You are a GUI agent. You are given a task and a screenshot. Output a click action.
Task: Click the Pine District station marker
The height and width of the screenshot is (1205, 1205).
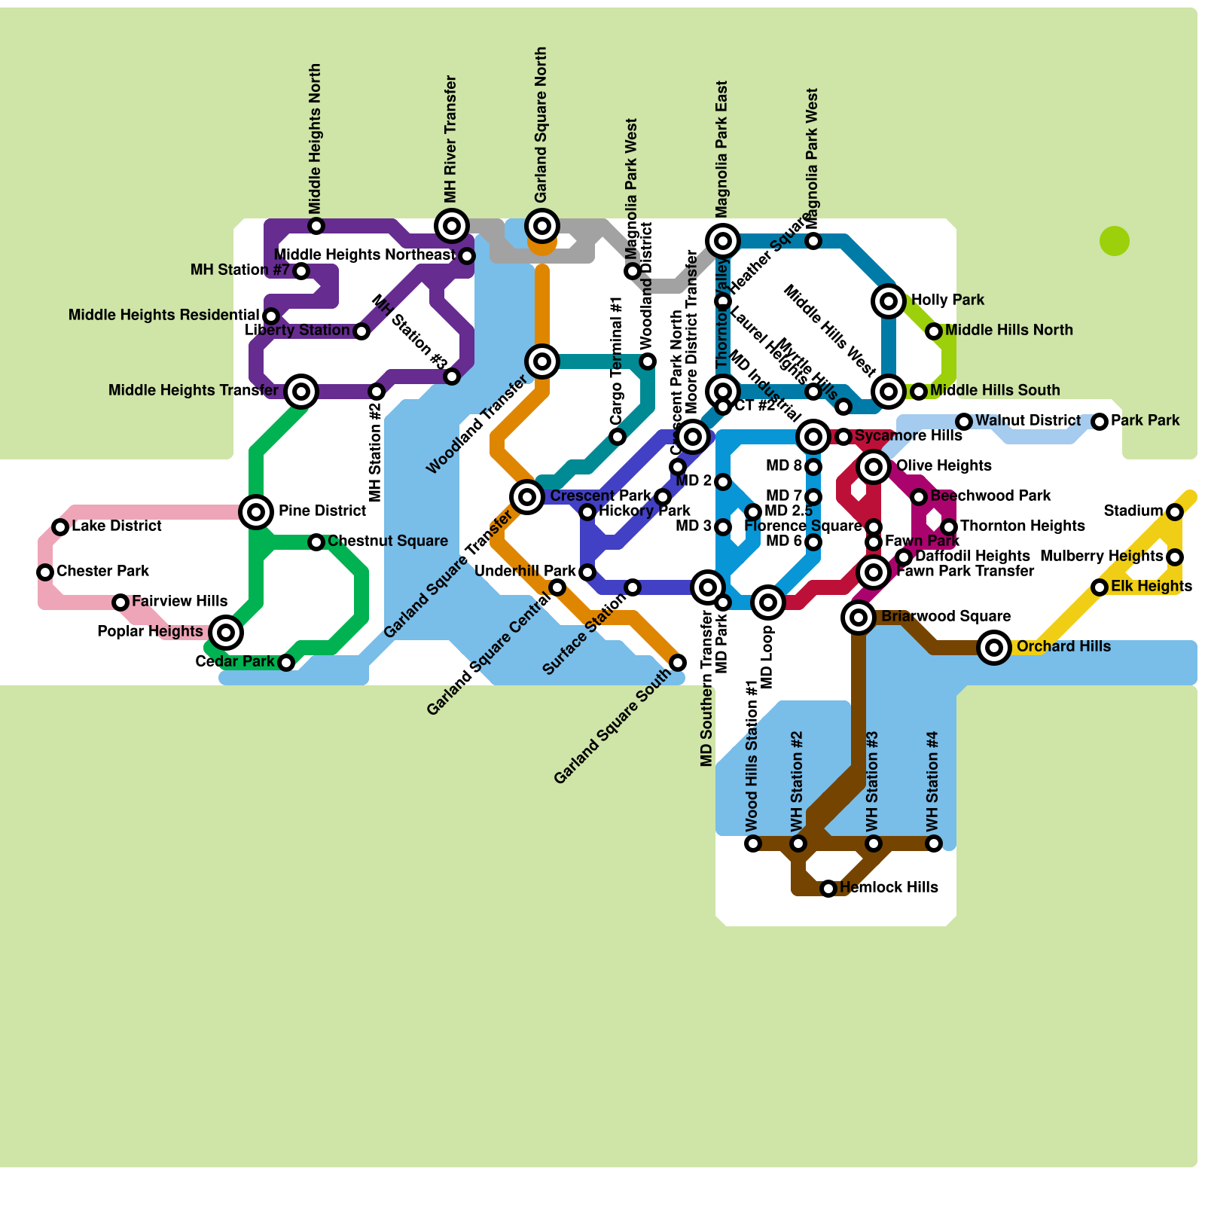coord(256,512)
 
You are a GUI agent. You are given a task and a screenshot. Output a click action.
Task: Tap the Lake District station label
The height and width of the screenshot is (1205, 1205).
coord(117,526)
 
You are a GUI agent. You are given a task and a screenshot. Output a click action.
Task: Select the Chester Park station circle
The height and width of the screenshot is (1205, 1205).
coord(45,572)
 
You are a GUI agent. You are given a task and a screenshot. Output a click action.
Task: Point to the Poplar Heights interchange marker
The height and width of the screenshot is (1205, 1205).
coord(226,632)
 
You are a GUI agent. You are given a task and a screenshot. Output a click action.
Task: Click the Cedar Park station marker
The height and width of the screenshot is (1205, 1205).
coord(286,663)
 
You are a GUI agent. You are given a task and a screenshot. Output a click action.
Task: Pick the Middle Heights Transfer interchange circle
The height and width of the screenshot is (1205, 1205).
coord(301,392)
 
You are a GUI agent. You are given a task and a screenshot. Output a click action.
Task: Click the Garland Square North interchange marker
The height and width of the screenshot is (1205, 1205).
coord(542,225)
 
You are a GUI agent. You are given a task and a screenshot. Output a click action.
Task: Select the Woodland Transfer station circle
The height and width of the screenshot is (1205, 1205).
coord(542,361)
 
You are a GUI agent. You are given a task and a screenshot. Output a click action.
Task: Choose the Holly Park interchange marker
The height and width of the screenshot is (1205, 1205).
coord(889,301)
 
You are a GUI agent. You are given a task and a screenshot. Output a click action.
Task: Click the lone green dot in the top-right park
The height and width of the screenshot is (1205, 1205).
coord(1115,241)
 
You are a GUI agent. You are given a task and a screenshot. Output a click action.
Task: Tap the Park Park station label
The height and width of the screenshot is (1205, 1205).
coord(1145,420)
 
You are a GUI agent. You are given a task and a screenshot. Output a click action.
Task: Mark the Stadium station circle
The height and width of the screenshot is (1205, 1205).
coord(1175,512)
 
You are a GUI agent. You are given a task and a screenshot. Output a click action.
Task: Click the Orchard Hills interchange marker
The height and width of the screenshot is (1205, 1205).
coord(994,647)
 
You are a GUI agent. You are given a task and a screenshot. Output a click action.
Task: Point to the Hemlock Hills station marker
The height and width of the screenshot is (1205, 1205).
coord(828,889)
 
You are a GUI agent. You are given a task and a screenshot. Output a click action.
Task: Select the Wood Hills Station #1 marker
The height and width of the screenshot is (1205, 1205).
coord(753,843)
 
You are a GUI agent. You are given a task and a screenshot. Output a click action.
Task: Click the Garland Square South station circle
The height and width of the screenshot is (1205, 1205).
coord(678,663)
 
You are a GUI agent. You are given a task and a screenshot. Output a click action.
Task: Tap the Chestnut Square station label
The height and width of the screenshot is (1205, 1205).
coord(388,541)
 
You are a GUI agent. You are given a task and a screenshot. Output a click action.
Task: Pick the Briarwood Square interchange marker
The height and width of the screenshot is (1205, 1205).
coord(859,618)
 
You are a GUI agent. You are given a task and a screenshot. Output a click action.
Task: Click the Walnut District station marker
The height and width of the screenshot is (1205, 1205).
coord(964,422)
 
